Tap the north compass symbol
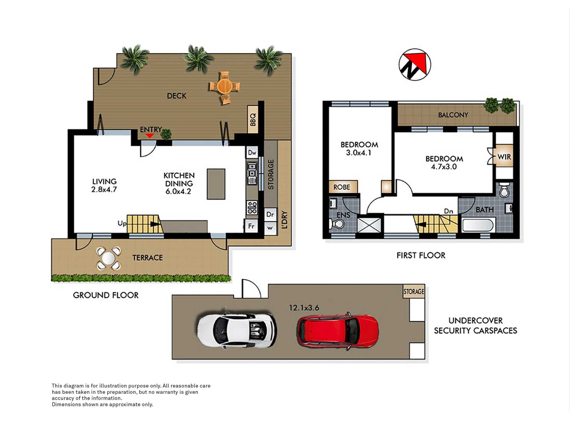[415, 64]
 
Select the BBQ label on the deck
[253, 119]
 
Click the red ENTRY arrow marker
[150, 136]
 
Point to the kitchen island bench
[216, 184]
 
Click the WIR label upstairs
[504, 157]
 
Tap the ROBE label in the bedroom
[342, 187]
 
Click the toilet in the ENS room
[337, 224]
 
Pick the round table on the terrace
[108, 258]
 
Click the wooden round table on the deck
[225, 86]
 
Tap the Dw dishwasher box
[252, 153]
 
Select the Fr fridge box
[251, 226]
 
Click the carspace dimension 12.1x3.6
[304, 308]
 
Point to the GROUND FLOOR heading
[106, 295]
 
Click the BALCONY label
[453, 115]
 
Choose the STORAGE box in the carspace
[414, 291]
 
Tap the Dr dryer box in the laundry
[270, 214]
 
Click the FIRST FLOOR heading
[421, 255]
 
